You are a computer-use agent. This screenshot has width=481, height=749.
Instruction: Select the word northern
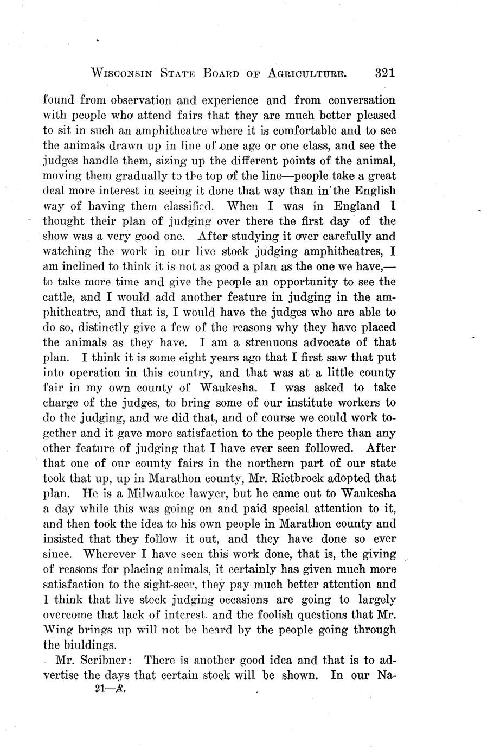[x=285, y=464]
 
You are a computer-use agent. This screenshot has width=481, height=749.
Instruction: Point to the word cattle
[x=59, y=297]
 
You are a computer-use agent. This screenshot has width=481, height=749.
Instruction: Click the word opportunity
[x=298, y=282]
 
